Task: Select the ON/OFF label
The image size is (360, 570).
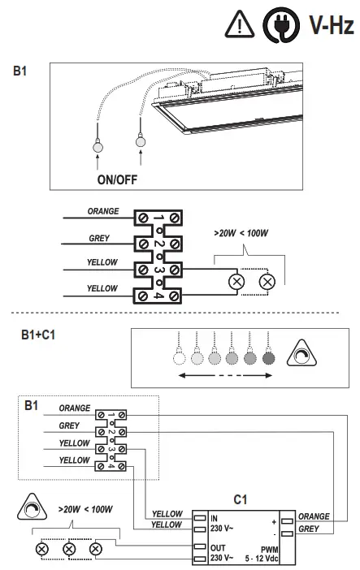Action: (x=115, y=173)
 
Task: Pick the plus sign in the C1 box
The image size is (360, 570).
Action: (x=275, y=520)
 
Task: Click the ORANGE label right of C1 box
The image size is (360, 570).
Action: (x=314, y=516)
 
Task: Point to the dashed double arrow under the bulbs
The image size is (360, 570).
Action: (x=224, y=376)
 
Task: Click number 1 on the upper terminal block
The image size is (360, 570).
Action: (x=158, y=218)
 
